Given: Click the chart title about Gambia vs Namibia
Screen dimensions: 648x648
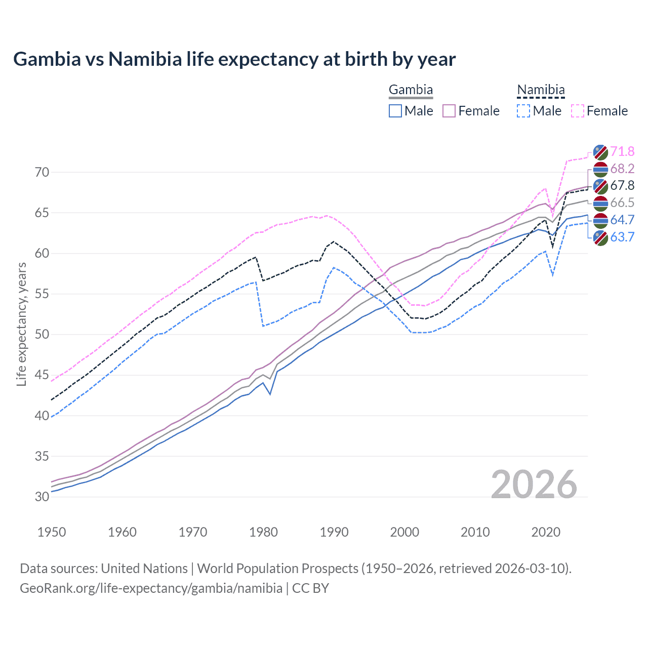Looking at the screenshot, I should pos(234,59).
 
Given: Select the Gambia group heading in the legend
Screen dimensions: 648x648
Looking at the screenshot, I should pos(411,90).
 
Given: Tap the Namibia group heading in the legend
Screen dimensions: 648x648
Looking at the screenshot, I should pos(540,90).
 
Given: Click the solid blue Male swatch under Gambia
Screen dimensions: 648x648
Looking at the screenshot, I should pos(395,111).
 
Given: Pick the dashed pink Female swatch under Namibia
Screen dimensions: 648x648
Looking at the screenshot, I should pos(578,111).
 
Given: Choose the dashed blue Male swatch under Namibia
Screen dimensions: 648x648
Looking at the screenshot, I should pos(523,111).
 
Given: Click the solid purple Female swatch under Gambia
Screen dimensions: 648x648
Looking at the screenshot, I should pos(449,111).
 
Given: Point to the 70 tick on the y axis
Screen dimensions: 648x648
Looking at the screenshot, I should pos(42,172).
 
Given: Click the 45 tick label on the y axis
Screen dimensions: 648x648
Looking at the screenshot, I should pos(42,375).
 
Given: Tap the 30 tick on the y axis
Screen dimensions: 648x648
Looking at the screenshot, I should pos(42,497).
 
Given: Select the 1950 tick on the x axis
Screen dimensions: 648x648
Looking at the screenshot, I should pos(52,532).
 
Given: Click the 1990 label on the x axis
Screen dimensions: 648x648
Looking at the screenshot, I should pos(334,532).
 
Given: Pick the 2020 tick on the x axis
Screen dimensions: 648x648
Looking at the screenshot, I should pos(546,532).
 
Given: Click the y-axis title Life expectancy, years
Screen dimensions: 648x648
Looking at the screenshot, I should pos(21,324).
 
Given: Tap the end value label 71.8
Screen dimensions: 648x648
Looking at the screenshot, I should pos(622,151).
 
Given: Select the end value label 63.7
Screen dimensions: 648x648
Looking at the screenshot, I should pos(622,237).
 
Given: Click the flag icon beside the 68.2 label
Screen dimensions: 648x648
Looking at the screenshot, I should pos(600,169).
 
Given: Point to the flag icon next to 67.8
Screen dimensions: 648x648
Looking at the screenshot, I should pos(600,186).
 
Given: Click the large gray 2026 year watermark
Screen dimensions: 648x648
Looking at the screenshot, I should pos(534,484).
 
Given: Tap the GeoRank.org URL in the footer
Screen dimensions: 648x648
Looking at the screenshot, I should pos(151,588).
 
